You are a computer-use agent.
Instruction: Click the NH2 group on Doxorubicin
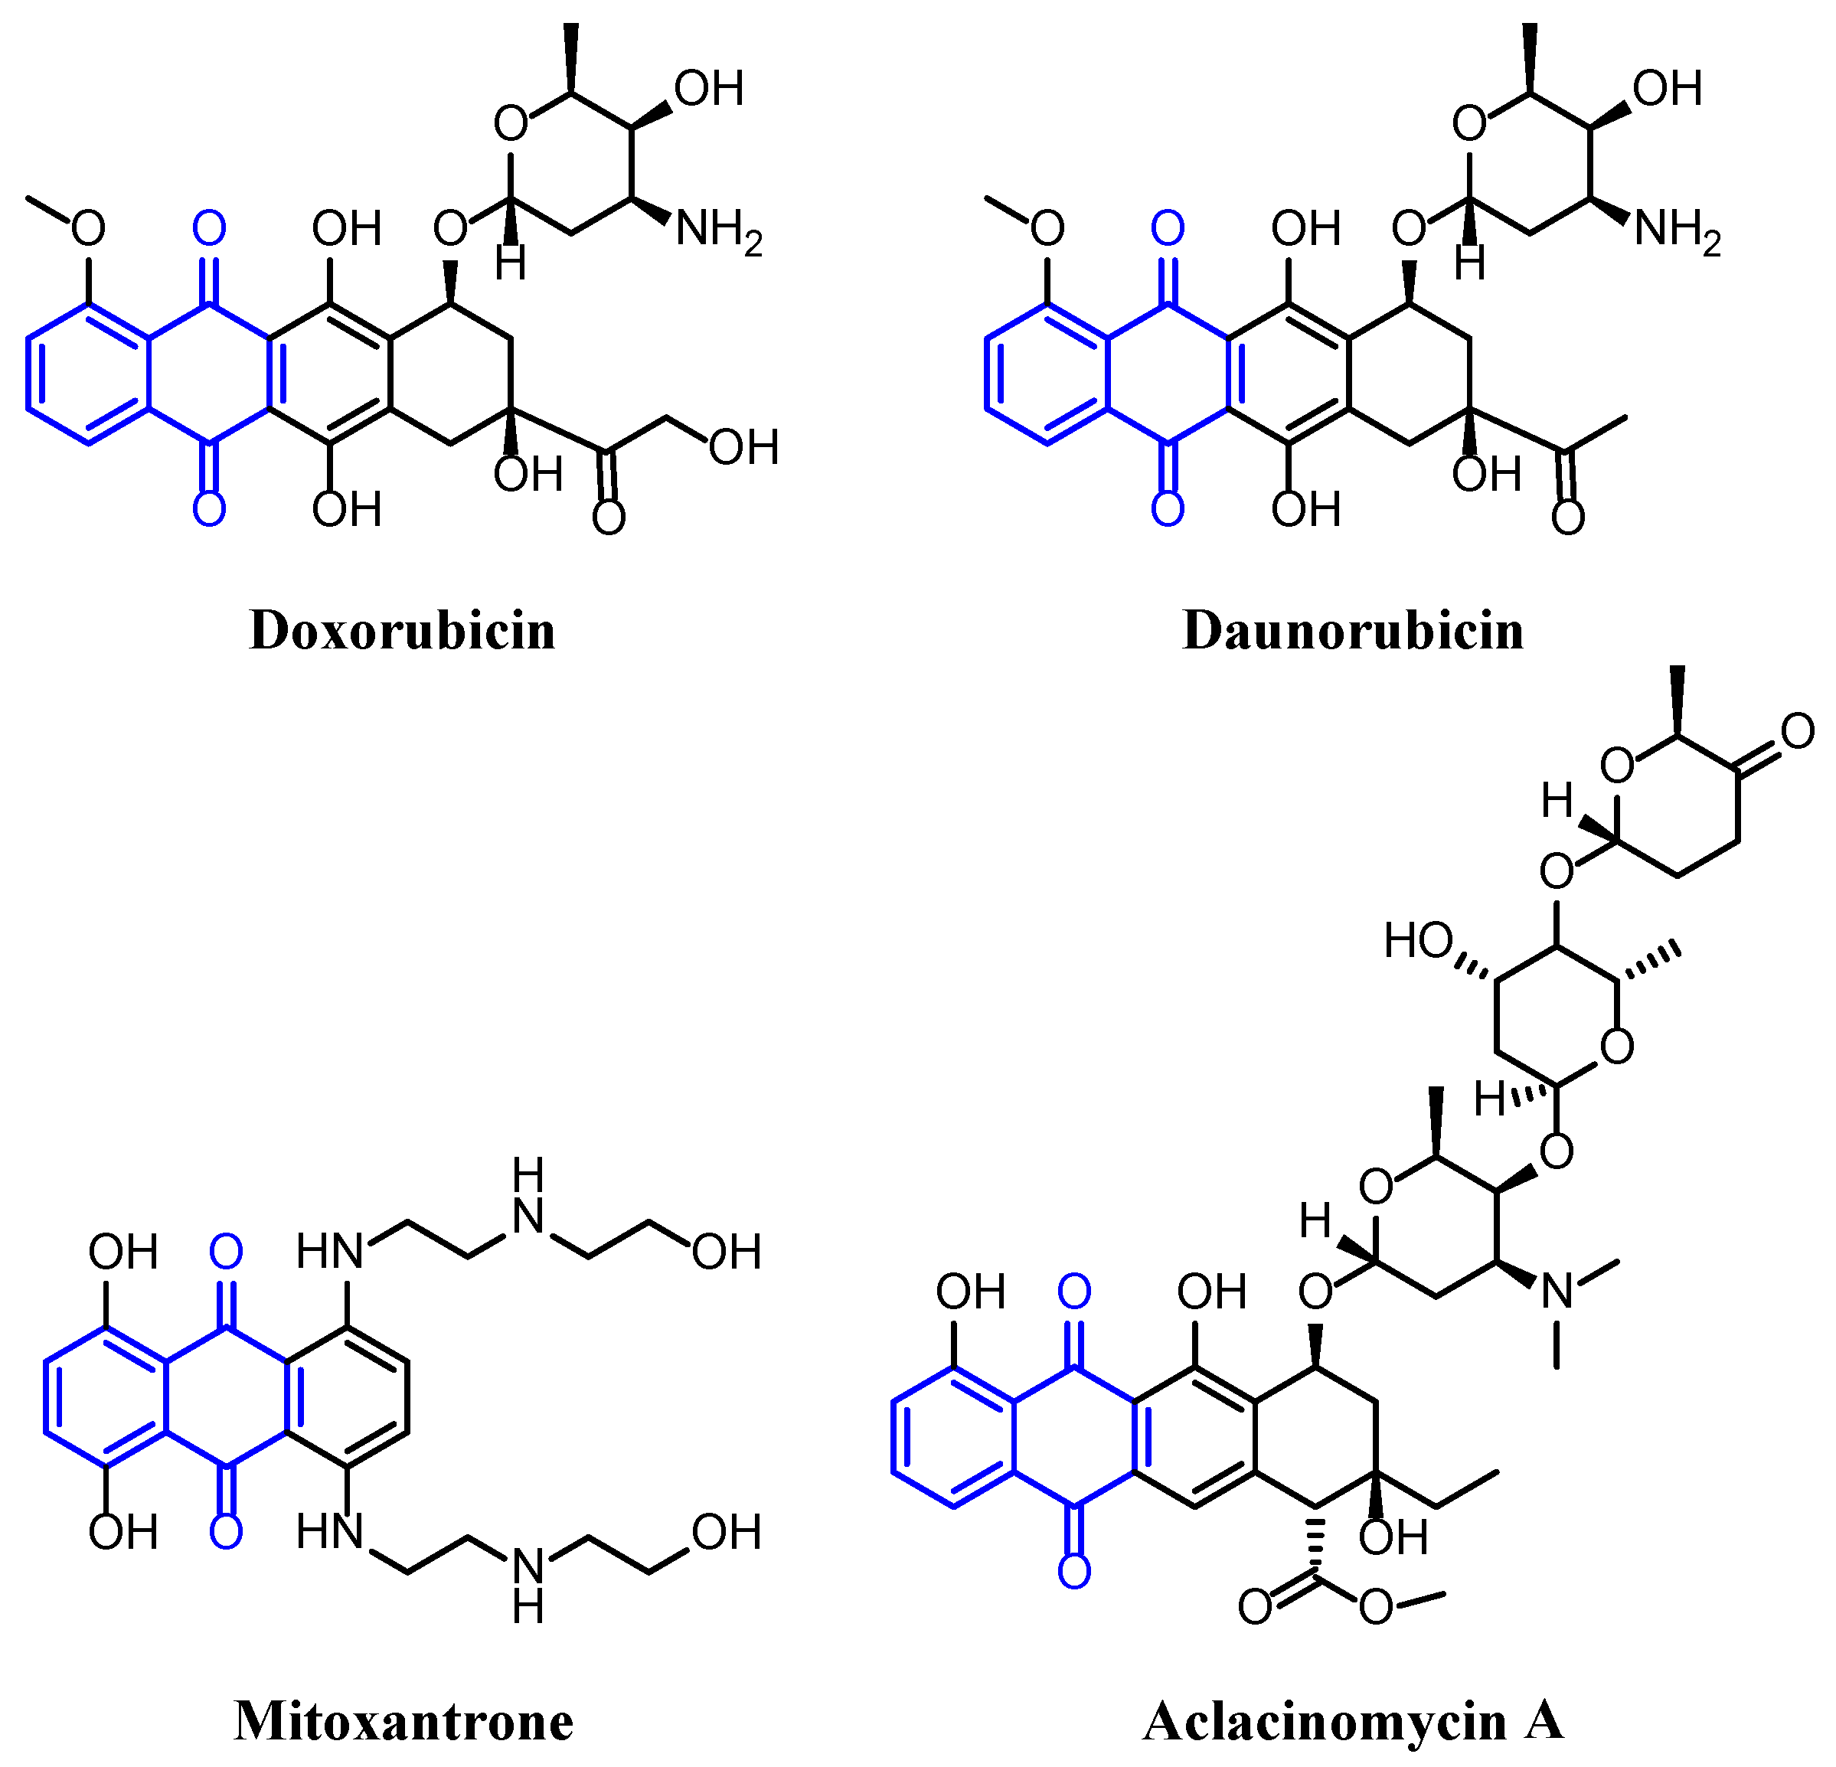(x=717, y=230)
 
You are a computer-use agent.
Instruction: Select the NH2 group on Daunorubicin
(x=1677, y=230)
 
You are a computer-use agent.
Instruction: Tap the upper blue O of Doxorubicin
(x=209, y=227)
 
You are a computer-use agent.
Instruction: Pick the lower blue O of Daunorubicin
(x=1167, y=508)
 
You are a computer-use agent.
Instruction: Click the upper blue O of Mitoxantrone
(x=226, y=1251)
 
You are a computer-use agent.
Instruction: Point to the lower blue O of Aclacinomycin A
(x=1073, y=1571)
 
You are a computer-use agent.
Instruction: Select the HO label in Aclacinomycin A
(x=1418, y=941)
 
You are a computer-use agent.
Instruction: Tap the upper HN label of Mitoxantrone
(x=328, y=1252)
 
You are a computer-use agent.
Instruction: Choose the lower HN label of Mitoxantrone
(x=328, y=1532)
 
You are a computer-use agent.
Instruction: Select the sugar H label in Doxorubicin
(x=511, y=263)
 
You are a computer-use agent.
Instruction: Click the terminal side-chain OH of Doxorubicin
(x=743, y=448)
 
